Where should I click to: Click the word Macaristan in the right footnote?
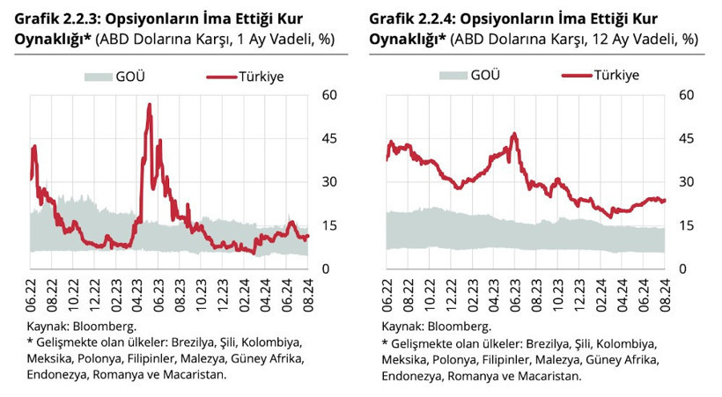coord(549,376)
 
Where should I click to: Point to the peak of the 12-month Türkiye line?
coord(513,134)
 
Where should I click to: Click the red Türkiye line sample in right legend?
coord(573,77)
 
